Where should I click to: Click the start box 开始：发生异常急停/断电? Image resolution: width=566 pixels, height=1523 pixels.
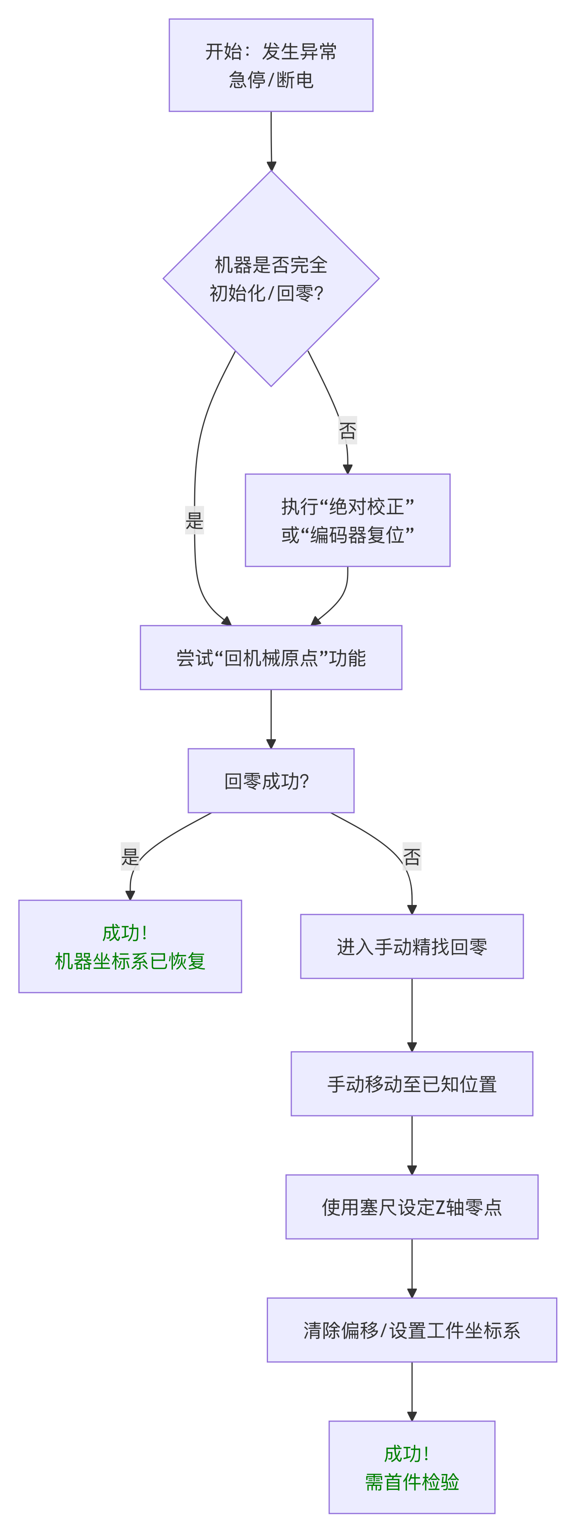pos(271,65)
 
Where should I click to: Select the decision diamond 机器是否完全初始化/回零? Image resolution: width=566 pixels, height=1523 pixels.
pos(271,279)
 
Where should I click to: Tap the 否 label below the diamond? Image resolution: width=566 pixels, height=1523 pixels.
pos(348,431)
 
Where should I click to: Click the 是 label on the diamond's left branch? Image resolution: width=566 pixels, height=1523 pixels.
pos(195,520)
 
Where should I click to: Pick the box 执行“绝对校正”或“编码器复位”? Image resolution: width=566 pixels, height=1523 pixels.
pos(348,520)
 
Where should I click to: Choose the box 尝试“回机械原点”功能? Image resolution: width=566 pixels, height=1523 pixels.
pos(271,658)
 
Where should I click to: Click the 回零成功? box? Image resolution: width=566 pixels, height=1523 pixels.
pos(271,780)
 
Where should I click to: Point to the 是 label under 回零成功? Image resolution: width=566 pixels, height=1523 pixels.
pos(130,856)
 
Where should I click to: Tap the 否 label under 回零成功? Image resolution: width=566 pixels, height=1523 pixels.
pos(412,856)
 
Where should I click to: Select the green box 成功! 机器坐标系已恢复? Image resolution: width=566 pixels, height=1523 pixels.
pos(130,946)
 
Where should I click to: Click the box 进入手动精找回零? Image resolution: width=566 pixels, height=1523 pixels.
pos(412,946)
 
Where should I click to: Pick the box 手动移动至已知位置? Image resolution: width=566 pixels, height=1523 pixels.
pos(412,1084)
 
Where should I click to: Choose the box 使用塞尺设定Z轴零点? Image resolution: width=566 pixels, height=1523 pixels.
pos(412,1207)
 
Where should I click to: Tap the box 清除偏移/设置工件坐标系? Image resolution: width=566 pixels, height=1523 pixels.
pos(412,1330)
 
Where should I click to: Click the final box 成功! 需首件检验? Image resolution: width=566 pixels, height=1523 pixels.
pos(412,1467)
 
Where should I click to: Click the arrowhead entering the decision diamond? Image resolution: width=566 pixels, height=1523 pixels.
pos(272,166)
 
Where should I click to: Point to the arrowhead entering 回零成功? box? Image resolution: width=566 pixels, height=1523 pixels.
pos(271,744)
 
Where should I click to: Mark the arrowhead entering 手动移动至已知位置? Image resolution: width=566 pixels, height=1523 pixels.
pos(412,1047)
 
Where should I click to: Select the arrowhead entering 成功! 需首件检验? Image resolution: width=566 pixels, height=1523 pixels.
pos(412,1416)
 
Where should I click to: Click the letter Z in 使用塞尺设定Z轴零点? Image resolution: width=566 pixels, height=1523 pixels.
pos(440,1207)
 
